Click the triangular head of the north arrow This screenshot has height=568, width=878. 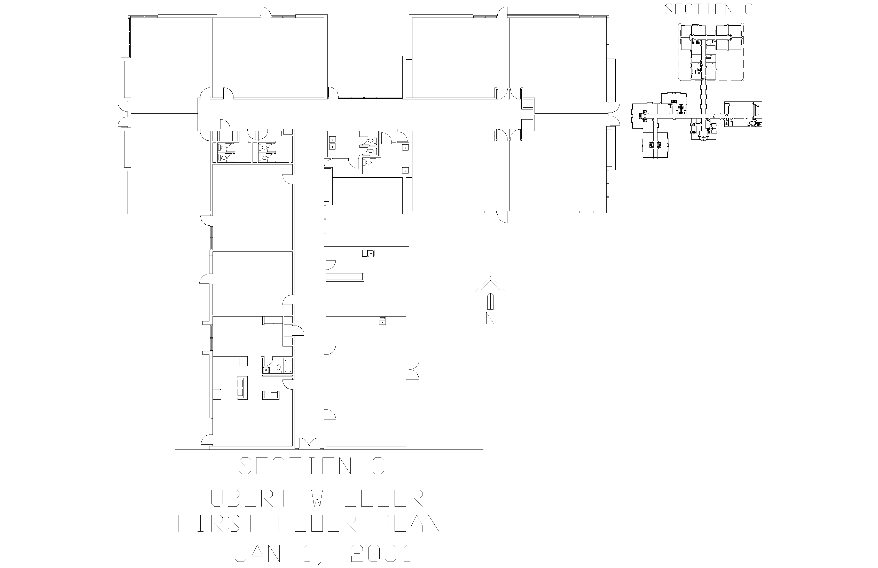click(x=490, y=284)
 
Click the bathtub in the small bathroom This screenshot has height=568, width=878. click(x=288, y=366)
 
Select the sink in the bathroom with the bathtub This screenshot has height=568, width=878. click(x=266, y=369)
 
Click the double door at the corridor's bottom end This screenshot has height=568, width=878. click(x=309, y=443)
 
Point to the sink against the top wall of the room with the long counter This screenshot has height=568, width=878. click(x=371, y=253)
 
